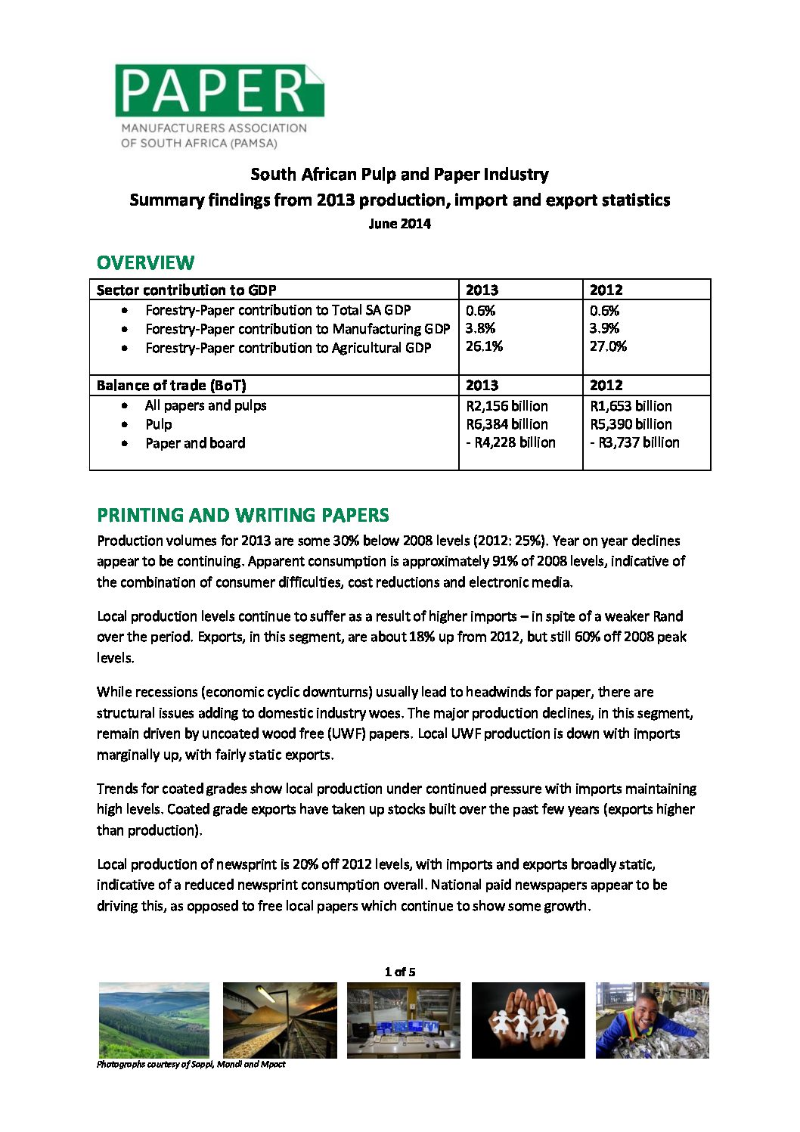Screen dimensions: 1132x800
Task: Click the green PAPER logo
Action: click(219, 91)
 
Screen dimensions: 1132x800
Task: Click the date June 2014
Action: click(399, 224)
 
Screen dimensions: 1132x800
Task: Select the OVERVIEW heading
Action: click(145, 263)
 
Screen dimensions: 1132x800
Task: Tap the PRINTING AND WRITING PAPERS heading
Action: click(243, 515)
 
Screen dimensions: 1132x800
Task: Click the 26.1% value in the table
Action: click(484, 346)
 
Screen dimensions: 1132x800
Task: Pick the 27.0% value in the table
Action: click(608, 346)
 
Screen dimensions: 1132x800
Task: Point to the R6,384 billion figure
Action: click(507, 424)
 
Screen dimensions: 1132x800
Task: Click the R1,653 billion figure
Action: click(631, 406)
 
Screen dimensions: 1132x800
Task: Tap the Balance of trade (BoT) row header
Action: click(171, 385)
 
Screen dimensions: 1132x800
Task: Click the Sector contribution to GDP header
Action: click(186, 290)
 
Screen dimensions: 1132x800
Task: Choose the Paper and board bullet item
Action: click(195, 443)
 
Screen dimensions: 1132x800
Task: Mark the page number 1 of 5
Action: click(400, 972)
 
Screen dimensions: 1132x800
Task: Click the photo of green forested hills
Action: click(153, 1019)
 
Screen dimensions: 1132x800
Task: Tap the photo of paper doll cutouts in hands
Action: click(528, 1019)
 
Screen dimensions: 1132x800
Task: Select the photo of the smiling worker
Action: click(652, 1019)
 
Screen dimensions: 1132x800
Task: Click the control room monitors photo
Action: click(403, 1019)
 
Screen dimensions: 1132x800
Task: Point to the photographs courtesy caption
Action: click(191, 1064)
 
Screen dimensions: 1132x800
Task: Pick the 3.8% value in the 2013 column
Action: click(480, 328)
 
